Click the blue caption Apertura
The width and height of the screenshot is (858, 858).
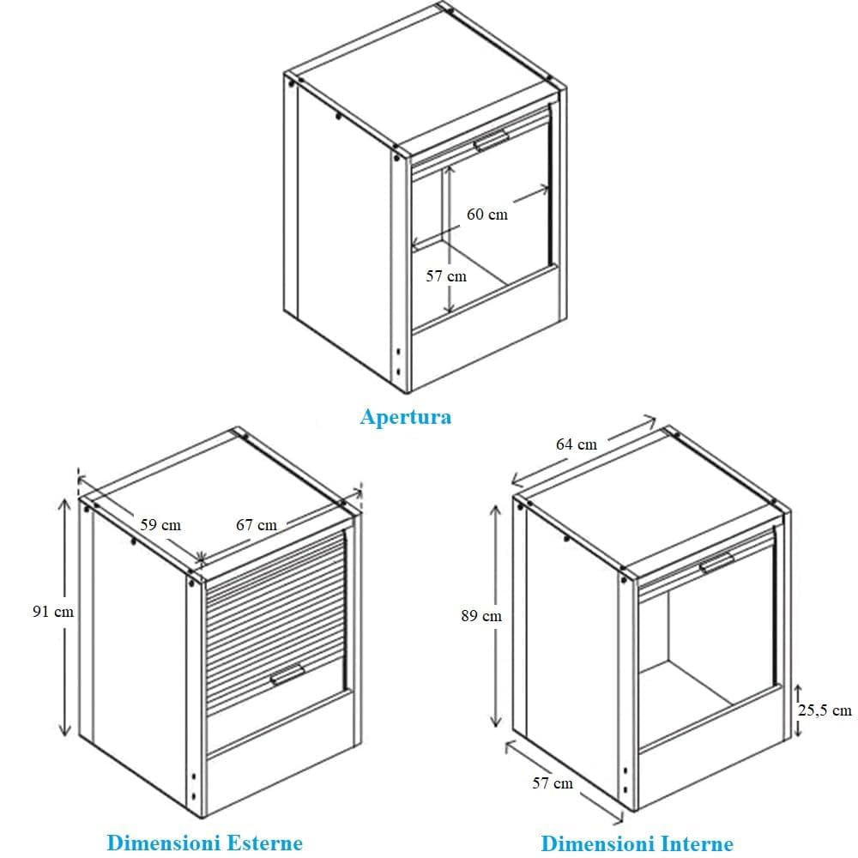[x=406, y=417]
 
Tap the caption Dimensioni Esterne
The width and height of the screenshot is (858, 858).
[x=205, y=843]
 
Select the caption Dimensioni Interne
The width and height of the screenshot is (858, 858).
[x=637, y=843]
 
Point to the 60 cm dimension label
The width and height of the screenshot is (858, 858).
[x=487, y=214]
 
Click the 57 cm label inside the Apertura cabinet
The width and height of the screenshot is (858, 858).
[x=446, y=275]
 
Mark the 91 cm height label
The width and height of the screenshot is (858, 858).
[x=53, y=611]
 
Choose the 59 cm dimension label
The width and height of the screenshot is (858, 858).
[x=160, y=525]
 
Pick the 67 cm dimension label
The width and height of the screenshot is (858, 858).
[x=257, y=525]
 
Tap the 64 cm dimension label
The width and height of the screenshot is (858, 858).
[x=577, y=444]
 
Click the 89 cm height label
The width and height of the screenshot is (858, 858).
[x=481, y=615]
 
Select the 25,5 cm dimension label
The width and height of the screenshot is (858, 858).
[x=825, y=710]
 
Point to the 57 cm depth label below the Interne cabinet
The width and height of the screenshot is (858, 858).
[x=553, y=783]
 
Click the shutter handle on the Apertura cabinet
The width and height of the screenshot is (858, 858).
[x=492, y=141]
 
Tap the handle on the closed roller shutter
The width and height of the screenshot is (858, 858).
[x=287, y=674]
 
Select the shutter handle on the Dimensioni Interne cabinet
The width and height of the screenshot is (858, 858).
[x=717, y=563]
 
